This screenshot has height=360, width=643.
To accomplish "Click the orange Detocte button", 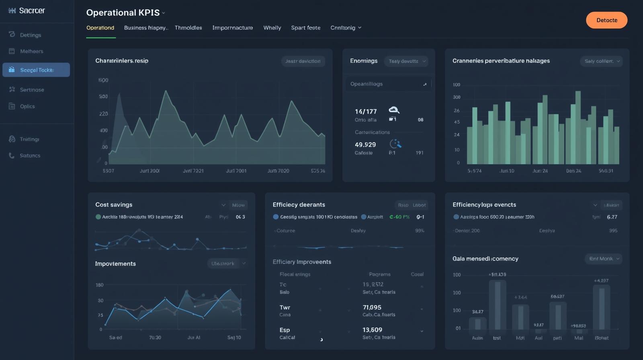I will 606,20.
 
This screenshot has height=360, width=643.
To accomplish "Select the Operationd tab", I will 100,28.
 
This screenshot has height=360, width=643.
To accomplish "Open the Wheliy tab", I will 272,28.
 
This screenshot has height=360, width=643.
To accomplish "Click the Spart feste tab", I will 305,28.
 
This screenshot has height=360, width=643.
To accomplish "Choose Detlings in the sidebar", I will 31,35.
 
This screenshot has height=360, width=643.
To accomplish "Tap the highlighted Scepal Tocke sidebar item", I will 36,70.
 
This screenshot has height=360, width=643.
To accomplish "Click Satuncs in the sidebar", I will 30,155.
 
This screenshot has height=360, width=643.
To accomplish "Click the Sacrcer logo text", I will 32,11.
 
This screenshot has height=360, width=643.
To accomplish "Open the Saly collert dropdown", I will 601,61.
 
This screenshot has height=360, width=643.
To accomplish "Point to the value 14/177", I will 366,111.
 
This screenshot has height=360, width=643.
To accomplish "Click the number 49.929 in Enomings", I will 365,145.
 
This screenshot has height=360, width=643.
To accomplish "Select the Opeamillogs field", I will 388,84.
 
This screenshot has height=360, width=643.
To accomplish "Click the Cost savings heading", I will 114,205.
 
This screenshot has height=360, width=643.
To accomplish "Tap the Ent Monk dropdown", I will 603,259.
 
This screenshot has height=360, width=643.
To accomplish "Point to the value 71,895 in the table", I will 372,307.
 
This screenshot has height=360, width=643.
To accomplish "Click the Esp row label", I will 285,330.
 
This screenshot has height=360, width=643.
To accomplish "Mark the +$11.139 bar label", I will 498,274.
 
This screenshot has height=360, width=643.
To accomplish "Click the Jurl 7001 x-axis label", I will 236,171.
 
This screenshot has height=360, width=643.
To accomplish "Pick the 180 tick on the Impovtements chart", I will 99,285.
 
